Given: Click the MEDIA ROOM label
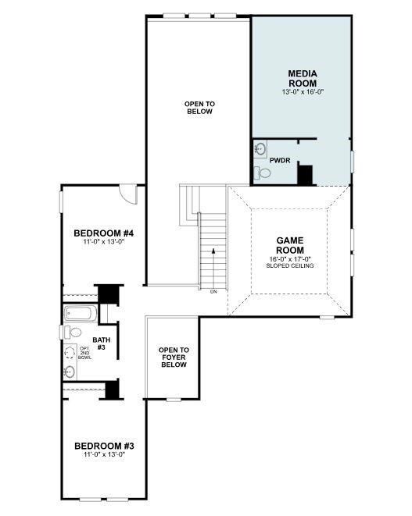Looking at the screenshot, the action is [x=303, y=78].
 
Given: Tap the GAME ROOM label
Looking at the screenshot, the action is [x=290, y=245].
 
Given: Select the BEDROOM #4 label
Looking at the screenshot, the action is [x=103, y=233].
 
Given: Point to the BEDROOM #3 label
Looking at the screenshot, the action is [x=104, y=447].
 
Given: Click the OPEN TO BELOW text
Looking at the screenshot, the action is [x=199, y=108].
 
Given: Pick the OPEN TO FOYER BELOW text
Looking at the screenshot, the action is [x=174, y=358].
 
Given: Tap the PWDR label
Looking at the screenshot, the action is [x=280, y=161].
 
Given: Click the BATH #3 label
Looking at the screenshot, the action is [x=101, y=343].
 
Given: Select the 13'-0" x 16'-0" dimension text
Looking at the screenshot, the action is [x=303, y=92].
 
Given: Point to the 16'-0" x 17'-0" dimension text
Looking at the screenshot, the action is [x=290, y=259].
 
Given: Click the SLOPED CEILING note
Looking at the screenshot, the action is [x=290, y=265].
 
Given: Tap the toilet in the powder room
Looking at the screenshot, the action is [x=263, y=173].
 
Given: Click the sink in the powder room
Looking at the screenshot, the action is [x=260, y=149].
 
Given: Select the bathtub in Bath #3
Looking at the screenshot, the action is [x=80, y=313].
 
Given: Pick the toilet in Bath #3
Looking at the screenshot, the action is [x=73, y=333].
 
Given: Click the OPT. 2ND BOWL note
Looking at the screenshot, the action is [x=84, y=353].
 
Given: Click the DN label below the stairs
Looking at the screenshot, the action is [x=213, y=291].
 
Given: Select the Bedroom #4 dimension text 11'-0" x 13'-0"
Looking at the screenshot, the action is [x=103, y=242].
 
